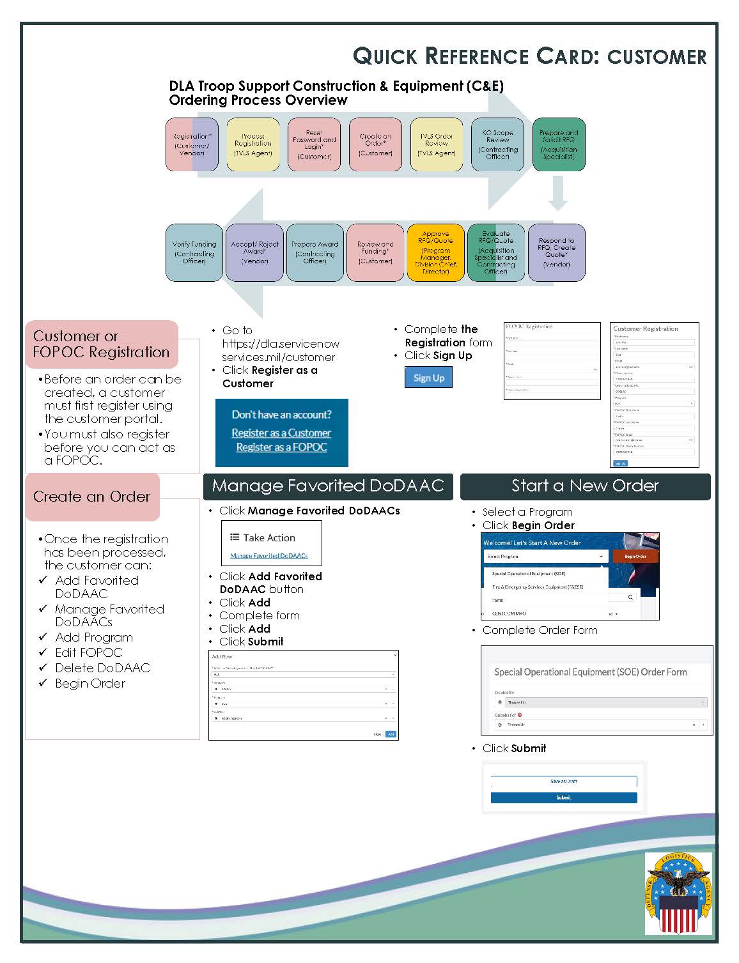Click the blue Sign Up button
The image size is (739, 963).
coord(428,378)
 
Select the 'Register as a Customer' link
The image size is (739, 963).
coord(281,433)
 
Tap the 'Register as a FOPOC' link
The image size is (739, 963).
coord(281,447)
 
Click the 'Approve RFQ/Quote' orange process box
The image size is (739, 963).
coord(435,252)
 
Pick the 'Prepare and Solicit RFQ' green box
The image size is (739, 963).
coord(558,144)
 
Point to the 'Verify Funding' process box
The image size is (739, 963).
coord(194,252)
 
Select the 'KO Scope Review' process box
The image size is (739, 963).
coord(497,144)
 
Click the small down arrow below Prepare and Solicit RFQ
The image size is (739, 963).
coord(557,194)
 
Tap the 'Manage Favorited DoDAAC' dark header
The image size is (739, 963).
coord(328,486)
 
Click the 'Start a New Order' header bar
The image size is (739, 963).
coord(585,486)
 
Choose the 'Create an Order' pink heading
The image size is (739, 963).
coord(92,497)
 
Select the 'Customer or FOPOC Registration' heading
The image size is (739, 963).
coord(101,344)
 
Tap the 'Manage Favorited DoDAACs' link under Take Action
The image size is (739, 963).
coord(268,556)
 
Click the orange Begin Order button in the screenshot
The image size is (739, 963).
coord(635,557)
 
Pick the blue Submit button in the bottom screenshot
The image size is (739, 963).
coord(563,797)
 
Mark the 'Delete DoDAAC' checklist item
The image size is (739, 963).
coord(102,668)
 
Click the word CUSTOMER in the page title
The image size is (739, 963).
coord(657,57)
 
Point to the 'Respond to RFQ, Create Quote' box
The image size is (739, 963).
coord(556,252)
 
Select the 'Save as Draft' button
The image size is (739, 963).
coord(563,782)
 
